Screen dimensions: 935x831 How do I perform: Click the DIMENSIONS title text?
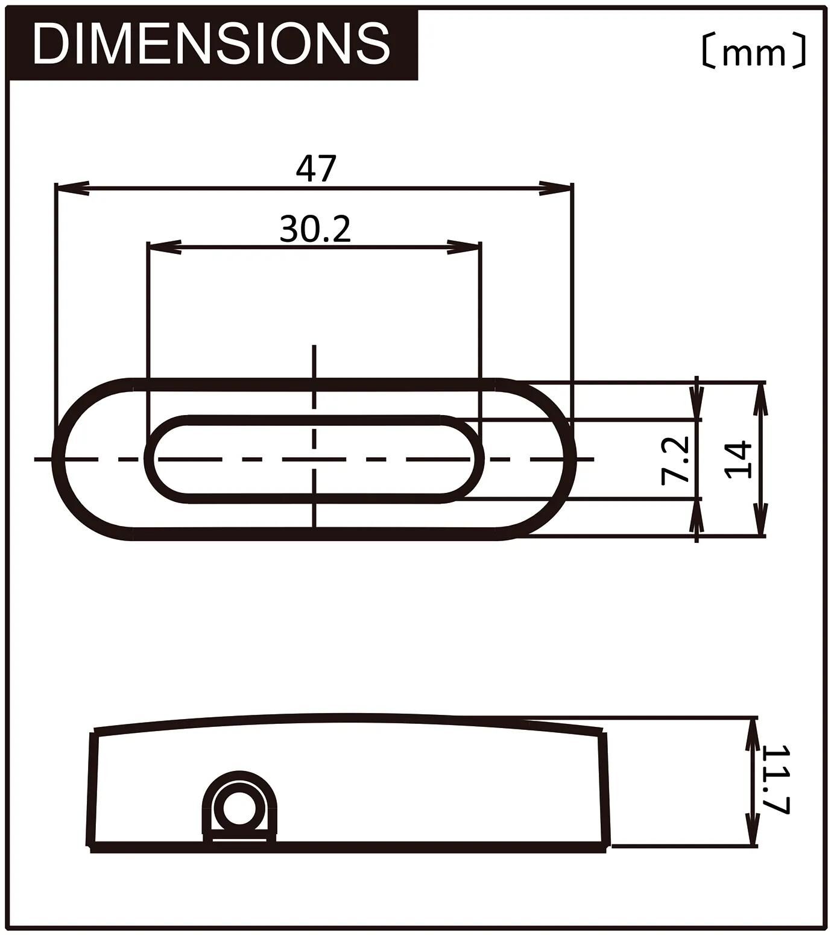point(211,43)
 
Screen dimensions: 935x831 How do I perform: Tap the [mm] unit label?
point(753,51)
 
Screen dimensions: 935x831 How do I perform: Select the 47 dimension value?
point(315,168)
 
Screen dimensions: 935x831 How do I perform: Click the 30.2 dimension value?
point(315,229)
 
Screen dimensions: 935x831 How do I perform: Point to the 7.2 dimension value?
point(675,460)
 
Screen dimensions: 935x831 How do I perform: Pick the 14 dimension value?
point(739,460)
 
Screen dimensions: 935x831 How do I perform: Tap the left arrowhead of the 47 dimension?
point(71,188)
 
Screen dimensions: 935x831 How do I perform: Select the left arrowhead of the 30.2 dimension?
point(164,247)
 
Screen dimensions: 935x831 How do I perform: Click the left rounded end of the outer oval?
point(59,459)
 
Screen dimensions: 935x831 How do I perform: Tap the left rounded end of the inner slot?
point(151,459)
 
